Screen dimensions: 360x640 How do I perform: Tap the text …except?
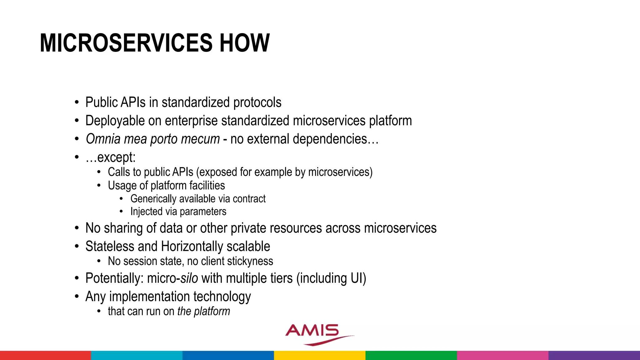(x=111, y=157)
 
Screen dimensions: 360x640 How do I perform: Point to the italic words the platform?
(x=203, y=312)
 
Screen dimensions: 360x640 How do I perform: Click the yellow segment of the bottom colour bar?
(x=320, y=355)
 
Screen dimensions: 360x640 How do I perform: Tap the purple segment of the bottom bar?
(x=594, y=355)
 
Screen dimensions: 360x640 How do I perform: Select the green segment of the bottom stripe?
(x=411, y=355)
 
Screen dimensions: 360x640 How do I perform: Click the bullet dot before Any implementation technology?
(x=77, y=297)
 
